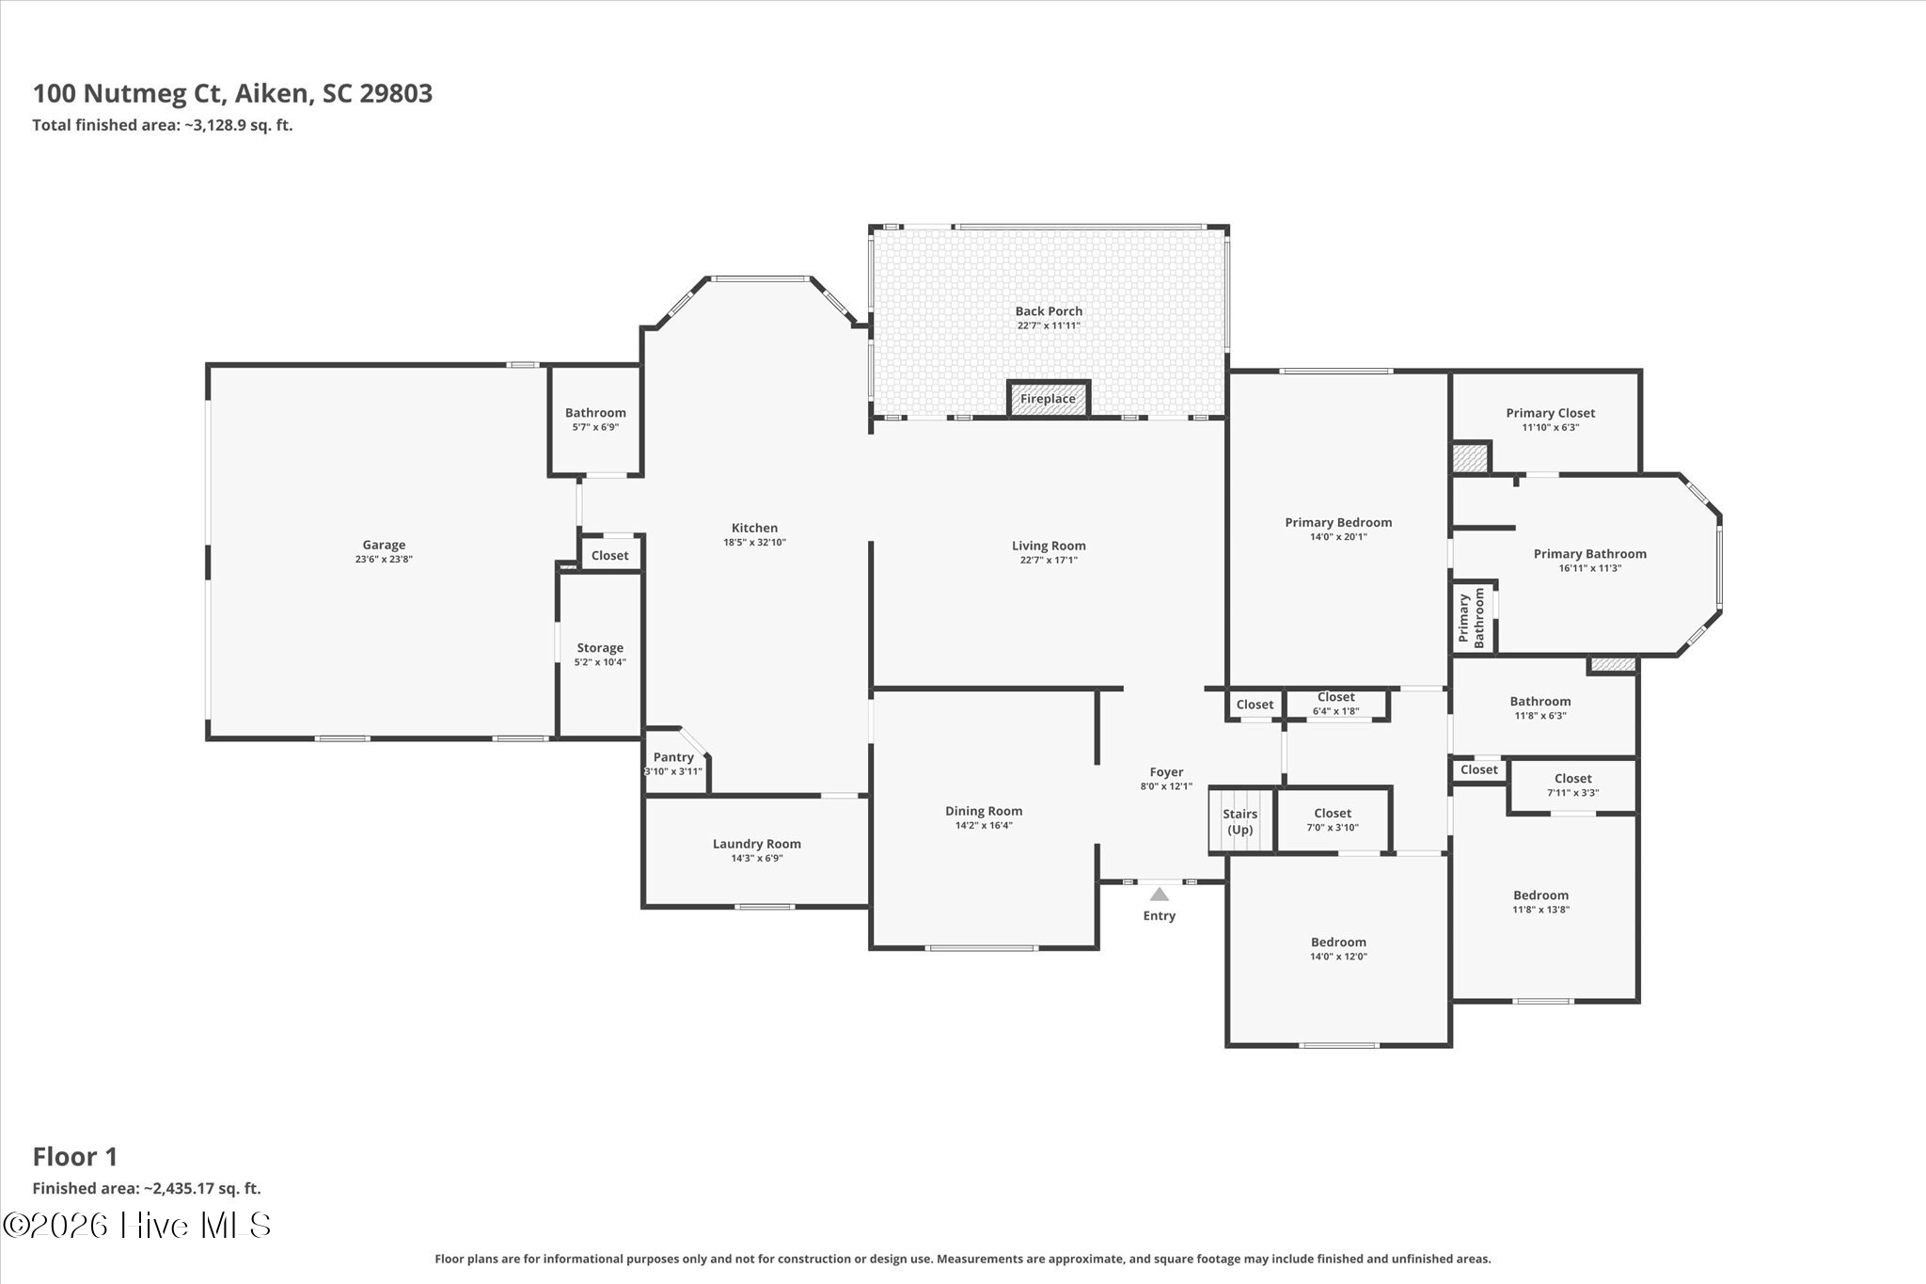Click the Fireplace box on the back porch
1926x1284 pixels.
click(1048, 398)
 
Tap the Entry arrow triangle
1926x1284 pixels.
click(1159, 895)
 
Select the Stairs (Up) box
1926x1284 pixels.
click(1240, 820)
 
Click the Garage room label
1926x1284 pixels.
click(384, 545)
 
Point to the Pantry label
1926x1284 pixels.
click(673, 757)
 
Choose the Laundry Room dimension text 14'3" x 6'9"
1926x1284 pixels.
click(757, 858)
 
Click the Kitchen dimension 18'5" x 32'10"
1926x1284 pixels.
click(754, 542)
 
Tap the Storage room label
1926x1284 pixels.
click(600, 648)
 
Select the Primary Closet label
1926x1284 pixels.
click(1550, 413)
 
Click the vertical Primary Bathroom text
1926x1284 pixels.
click(1471, 618)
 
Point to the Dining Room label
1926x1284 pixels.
click(984, 811)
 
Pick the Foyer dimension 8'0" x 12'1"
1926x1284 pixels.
click(1166, 786)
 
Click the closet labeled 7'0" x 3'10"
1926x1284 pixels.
click(1333, 819)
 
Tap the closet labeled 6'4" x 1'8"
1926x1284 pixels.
click(1336, 704)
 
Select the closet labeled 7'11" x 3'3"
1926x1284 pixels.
click(1572, 785)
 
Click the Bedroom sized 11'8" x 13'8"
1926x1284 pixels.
click(1540, 902)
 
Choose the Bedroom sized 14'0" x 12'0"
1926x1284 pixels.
click(1338, 948)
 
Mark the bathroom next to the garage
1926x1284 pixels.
click(595, 420)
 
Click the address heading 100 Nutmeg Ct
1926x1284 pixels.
click(127, 94)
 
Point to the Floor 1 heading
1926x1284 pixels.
click(75, 1156)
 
